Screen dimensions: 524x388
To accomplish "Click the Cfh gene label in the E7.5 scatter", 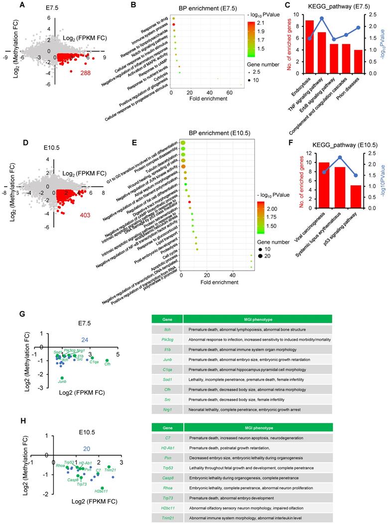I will click(108, 364).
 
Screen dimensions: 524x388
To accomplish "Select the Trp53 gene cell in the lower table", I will click(167, 468).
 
